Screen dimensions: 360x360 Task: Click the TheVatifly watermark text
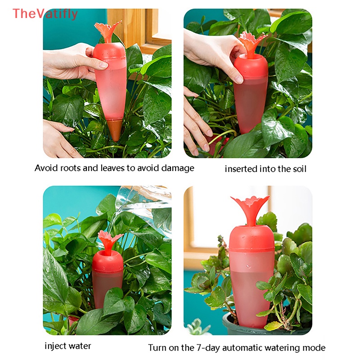click(45, 14)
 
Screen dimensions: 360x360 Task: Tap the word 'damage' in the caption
click(179, 168)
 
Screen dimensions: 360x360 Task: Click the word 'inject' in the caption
click(55, 346)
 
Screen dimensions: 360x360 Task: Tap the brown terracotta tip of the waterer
click(114, 130)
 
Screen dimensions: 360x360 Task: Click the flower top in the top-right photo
click(252, 43)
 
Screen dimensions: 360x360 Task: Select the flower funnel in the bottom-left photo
click(109, 241)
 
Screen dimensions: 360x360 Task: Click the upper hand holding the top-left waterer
click(72, 61)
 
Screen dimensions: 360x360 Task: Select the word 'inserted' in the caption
click(241, 169)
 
